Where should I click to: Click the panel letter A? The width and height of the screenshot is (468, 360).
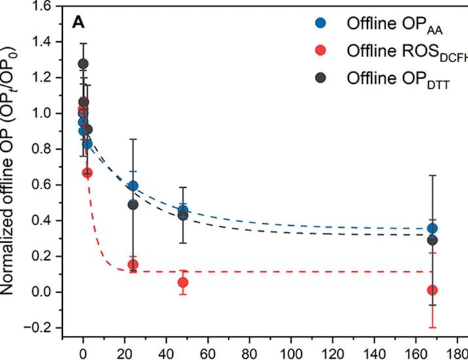click(77, 23)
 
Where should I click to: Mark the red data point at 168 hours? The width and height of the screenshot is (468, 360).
click(432, 290)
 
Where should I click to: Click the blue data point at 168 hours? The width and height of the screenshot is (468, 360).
click(432, 228)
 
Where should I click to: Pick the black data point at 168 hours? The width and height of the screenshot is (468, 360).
click(432, 240)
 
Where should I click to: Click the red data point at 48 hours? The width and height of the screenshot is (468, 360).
click(183, 282)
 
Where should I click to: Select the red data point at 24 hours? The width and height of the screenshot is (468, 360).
click(133, 264)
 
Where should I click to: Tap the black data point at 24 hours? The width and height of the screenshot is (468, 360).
click(133, 204)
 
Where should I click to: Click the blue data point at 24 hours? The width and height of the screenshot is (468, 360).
click(133, 186)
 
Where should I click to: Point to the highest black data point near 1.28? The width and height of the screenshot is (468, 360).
click(83, 63)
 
